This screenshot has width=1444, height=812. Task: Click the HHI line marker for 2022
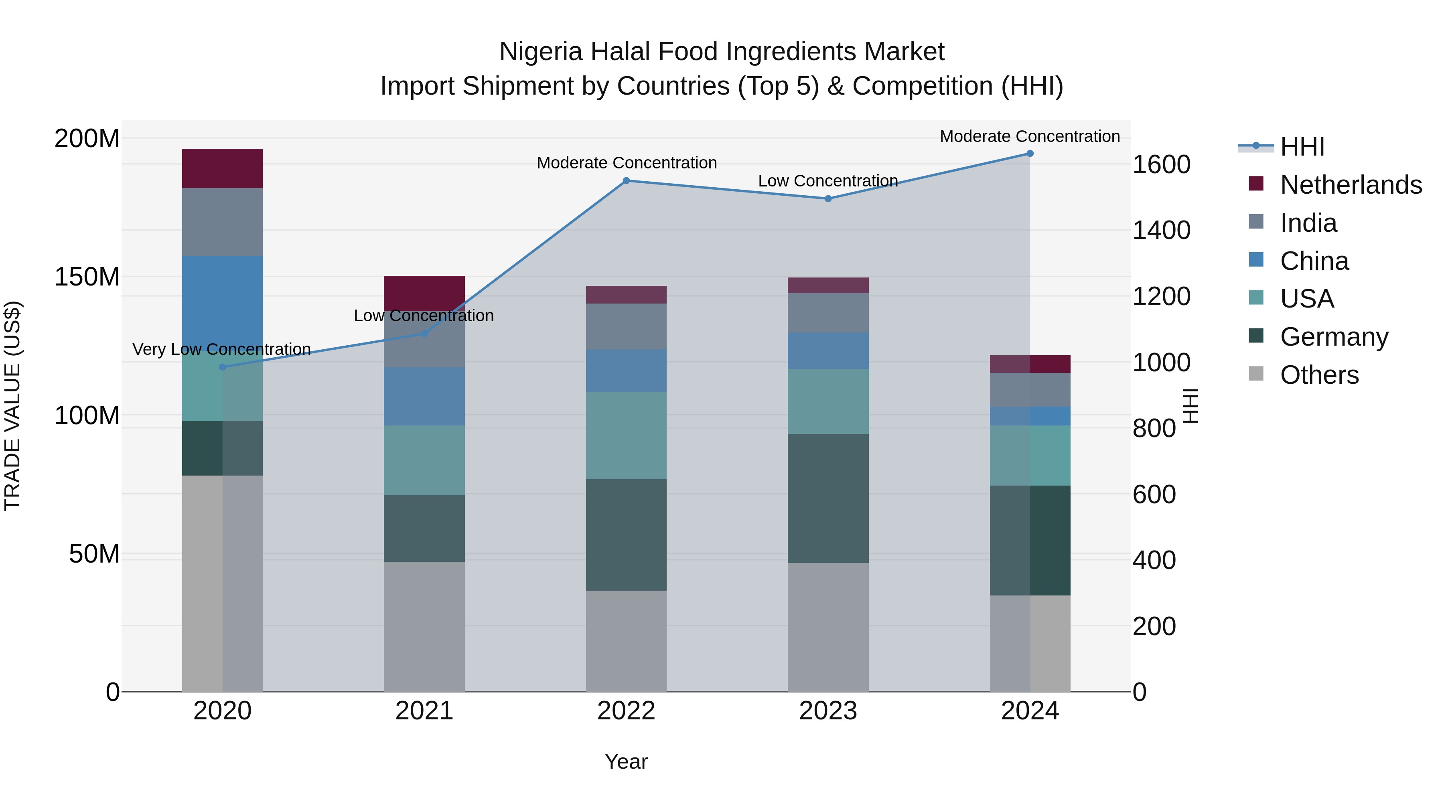pyautogui.click(x=626, y=180)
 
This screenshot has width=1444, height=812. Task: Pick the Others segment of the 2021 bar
pyautogui.click(x=424, y=626)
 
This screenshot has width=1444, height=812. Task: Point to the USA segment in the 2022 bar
pyautogui.click(x=626, y=435)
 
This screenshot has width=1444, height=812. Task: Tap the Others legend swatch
pyautogui.click(x=1256, y=374)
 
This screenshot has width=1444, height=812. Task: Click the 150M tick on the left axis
pyautogui.click(x=87, y=277)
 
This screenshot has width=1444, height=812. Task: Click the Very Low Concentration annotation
pyautogui.click(x=221, y=349)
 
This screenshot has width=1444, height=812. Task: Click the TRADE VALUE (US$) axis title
pyautogui.click(x=12, y=406)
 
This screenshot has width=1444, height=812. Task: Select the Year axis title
pyautogui.click(x=626, y=761)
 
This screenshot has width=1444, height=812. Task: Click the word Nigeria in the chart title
pyautogui.click(x=541, y=52)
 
